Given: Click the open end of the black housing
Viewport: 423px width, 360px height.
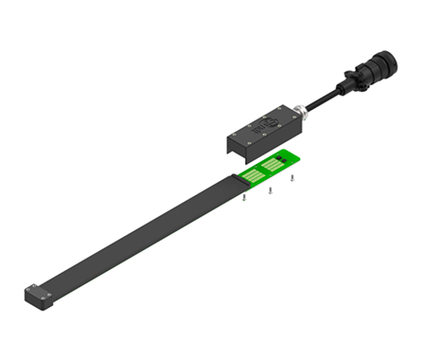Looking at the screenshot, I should pos(231,146).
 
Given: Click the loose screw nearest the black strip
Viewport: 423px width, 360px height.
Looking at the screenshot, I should pos(244,199).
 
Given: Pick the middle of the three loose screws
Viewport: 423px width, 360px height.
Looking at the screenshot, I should pos(271,190).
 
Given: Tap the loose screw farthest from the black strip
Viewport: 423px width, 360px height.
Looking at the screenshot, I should pos(292,178).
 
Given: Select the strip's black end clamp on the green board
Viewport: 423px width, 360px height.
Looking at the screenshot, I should pos(237,178).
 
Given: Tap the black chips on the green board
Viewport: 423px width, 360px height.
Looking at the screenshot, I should pos(283,157).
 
